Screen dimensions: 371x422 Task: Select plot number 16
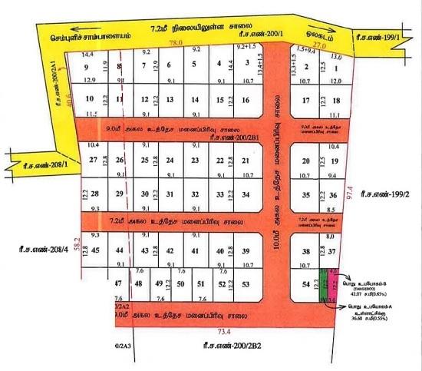point(245,101)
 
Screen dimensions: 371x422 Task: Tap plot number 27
point(94,160)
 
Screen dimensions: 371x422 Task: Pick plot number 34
point(245,194)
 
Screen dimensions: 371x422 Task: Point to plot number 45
point(95,251)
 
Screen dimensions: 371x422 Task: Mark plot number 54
point(305,285)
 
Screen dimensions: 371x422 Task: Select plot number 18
point(337,101)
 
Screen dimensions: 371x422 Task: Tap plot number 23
point(195,160)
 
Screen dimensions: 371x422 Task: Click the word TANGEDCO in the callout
point(364,280)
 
